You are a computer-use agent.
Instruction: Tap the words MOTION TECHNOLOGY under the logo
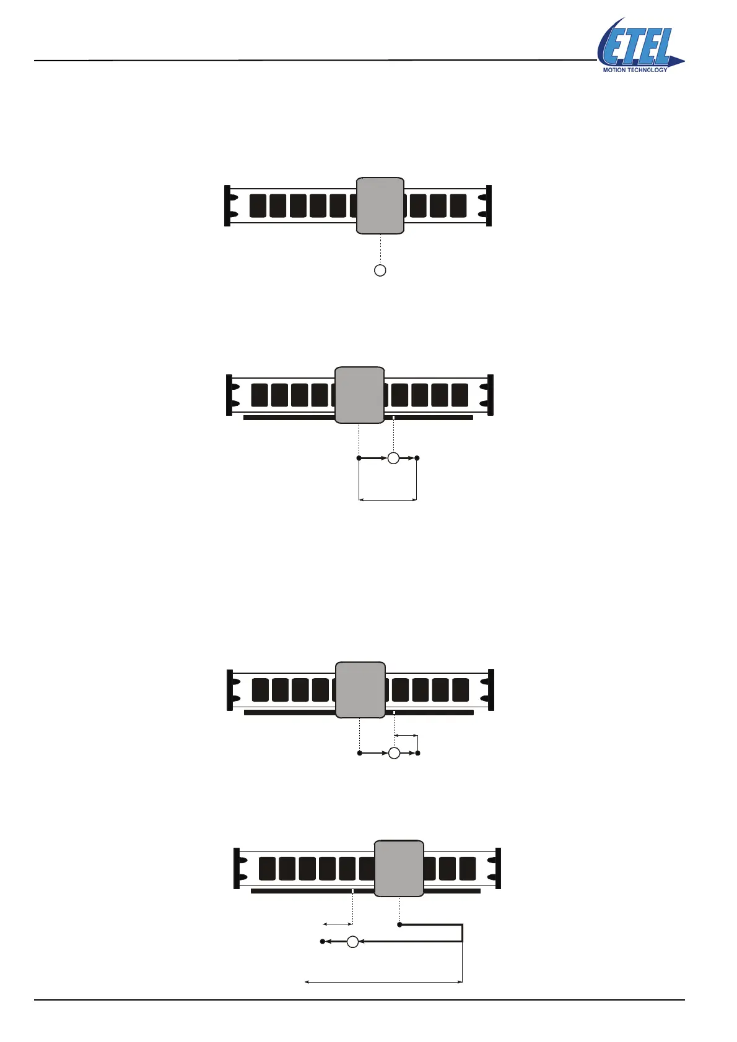(x=635, y=70)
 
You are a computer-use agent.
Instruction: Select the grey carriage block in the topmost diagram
(x=380, y=205)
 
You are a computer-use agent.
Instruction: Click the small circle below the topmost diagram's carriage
(x=380, y=270)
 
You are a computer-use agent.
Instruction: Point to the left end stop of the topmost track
(x=227, y=205)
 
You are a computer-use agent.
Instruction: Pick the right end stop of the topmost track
(x=489, y=205)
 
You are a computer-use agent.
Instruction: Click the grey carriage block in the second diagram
(x=359, y=395)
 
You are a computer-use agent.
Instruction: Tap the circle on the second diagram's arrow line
(x=393, y=458)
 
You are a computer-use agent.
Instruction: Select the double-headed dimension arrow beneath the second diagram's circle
(x=388, y=499)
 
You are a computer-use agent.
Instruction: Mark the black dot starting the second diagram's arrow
(x=359, y=458)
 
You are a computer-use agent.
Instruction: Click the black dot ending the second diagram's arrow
(x=417, y=458)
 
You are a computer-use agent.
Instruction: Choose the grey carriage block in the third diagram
(x=360, y=690)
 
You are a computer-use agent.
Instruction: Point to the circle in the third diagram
(x=394, y=753)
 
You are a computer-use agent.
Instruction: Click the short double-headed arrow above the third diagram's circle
(x=406, y=736)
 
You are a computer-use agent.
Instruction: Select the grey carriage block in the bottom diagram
(x=399, y=868)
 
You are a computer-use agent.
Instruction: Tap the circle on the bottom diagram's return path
(x=352, y=942)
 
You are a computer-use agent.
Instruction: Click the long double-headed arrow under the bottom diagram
(x=384, y=981)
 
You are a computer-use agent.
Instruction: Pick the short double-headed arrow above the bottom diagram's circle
(x=338, y=924)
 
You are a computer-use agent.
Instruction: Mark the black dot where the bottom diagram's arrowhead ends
(x=322, y=942)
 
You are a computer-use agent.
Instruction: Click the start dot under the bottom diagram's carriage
(x=399, y=924)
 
